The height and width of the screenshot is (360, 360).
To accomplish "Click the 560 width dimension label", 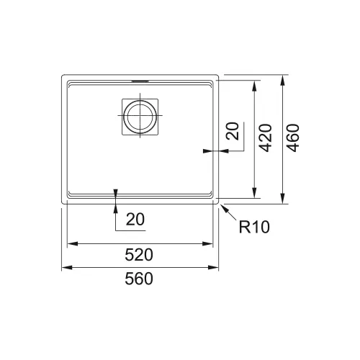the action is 139,279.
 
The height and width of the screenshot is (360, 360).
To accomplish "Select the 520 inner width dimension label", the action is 139,255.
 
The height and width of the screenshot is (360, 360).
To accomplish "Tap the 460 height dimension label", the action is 293,138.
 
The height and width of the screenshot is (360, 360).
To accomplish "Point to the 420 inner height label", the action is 266,138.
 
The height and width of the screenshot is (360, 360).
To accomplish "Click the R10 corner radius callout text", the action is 254,227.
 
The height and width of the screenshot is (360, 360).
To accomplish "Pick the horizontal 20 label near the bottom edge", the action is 135,219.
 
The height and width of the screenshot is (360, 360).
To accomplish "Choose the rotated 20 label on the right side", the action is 233,131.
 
